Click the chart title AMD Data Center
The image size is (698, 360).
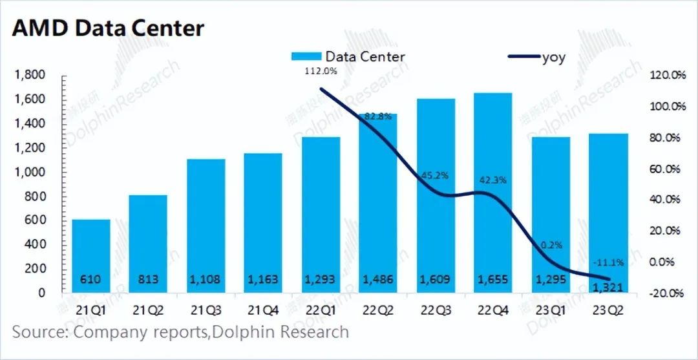(108, 28)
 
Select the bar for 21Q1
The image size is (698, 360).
(91, 256)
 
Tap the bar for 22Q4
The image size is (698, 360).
(493, 193)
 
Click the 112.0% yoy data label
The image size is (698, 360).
(321, 70)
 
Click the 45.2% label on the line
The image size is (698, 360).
(435, 175)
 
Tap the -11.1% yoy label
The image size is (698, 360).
(608, 262)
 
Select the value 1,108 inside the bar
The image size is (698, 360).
(206, 279)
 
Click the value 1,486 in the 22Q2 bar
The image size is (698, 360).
(378, 279)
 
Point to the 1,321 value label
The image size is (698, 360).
(608, 288)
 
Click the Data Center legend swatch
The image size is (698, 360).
(306, 56)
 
